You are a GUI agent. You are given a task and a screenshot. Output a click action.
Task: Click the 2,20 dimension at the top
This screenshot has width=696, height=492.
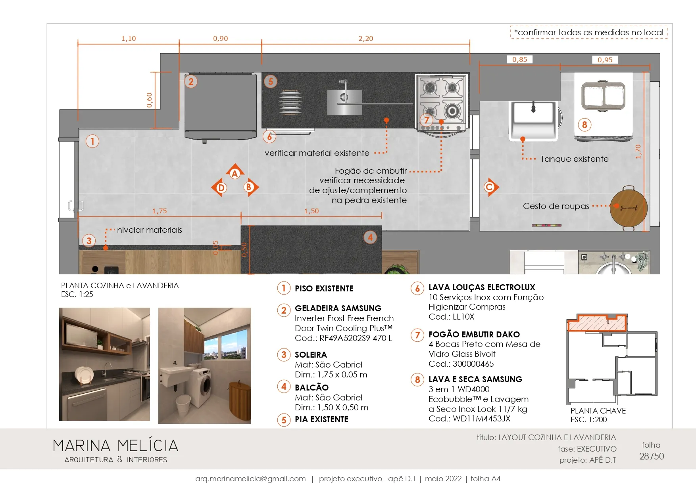[x=365, y=38]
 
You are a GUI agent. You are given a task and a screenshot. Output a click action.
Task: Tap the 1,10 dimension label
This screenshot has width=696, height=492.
[x=129, y=38]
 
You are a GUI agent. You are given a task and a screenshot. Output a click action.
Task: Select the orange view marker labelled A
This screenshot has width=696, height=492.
[x=235, y=172]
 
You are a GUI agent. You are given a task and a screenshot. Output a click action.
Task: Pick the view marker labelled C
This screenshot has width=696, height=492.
[x=490, y=187]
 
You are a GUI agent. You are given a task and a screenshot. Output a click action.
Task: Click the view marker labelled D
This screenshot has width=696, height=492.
[x=220, y=188]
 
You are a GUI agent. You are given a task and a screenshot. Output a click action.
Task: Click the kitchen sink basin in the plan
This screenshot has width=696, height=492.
[x=344, y=102]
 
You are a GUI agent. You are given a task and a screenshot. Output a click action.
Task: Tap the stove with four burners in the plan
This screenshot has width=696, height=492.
[x=442, y=103]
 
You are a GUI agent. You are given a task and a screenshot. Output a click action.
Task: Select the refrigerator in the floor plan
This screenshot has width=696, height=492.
[x=221, y=107]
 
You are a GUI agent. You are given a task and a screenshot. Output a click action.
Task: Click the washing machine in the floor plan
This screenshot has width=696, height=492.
[x=604, y=107]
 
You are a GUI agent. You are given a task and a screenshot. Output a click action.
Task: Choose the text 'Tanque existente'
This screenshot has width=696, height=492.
[x=574, y=159]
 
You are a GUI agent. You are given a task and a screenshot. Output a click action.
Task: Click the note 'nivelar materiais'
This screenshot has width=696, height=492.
[x=150, y=230]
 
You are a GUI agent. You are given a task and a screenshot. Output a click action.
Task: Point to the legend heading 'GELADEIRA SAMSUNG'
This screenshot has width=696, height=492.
[x=338, y=308]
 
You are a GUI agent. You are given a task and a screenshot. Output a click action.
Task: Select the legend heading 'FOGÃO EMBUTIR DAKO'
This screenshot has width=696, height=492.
[x=474, y=335]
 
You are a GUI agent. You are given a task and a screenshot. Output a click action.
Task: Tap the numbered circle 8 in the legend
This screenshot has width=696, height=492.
[x=417, y=380]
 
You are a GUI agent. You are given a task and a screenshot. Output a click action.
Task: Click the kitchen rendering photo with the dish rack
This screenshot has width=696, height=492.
[x=104, y=364]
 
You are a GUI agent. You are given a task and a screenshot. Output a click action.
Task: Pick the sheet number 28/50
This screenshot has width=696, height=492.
[x=652, y=456]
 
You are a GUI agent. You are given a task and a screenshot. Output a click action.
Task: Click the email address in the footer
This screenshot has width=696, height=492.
[x=250, y=479]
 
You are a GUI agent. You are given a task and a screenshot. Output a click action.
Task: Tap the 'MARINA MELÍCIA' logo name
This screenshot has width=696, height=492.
[x=115, y=446]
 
